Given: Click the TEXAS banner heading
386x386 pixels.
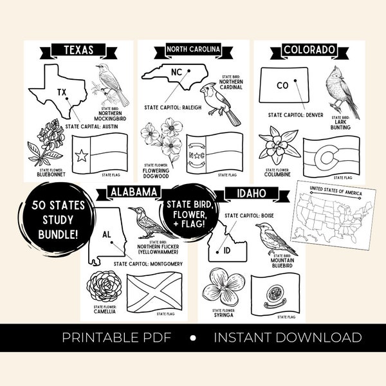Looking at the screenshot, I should (x=78, y=50).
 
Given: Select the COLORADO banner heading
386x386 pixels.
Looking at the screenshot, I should (x=309, y=50).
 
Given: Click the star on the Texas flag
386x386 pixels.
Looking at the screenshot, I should (x=82, y=155).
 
